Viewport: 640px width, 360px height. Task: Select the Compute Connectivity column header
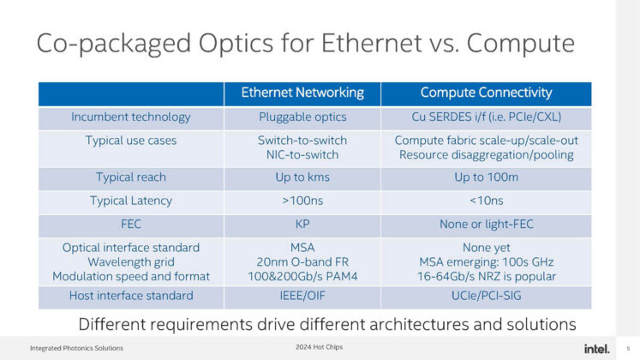click(486, 93)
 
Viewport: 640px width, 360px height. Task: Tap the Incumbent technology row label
click(131, 117)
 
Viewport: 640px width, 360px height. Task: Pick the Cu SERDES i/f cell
click(486, 117)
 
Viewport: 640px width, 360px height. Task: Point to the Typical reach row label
click(131, 177)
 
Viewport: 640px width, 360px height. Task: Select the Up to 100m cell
click(486, 177)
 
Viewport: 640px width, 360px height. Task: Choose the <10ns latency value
click(486, 201)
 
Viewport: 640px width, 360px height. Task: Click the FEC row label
click(131, 225)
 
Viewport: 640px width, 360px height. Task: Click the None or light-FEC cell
click(486, 225)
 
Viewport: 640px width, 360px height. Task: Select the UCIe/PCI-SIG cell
click(486, 296)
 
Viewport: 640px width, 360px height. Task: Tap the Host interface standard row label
click(131, 296)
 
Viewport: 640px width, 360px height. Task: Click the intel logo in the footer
click(596, 347)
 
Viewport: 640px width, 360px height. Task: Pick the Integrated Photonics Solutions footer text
click(76, 348)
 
